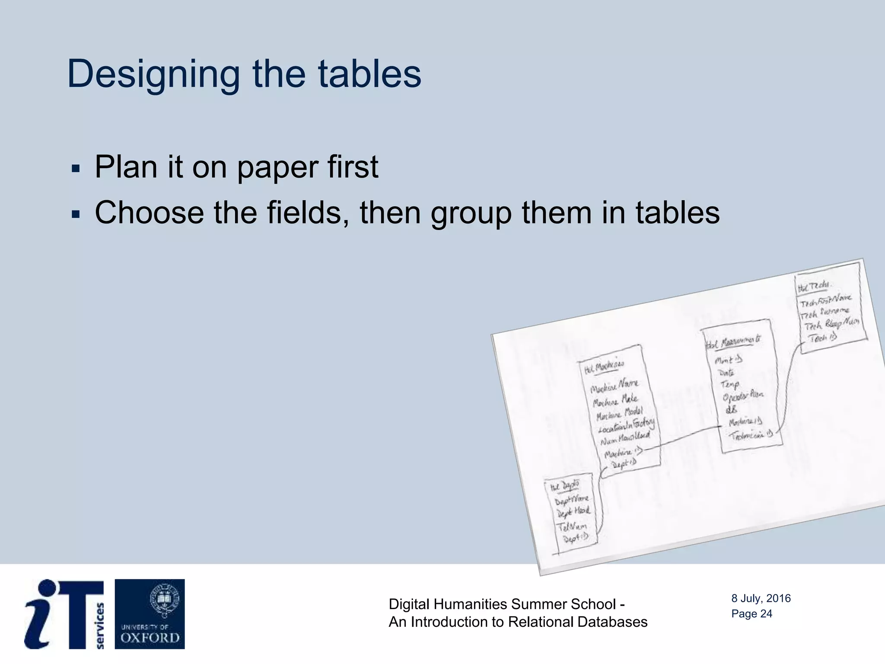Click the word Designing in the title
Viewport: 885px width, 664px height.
[153, 74]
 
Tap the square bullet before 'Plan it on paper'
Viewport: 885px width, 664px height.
[76, 168]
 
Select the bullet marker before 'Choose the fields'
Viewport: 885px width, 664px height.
[76, 214]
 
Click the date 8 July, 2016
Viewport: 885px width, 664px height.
[761, 598]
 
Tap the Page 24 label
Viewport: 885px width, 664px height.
[751, 613]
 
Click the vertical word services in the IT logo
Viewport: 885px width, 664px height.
[100, 626]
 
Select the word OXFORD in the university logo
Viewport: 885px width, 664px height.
[150, 638]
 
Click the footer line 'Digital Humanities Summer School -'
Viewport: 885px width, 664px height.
[506, 604]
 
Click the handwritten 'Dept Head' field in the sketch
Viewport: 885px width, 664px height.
[573, 512]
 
